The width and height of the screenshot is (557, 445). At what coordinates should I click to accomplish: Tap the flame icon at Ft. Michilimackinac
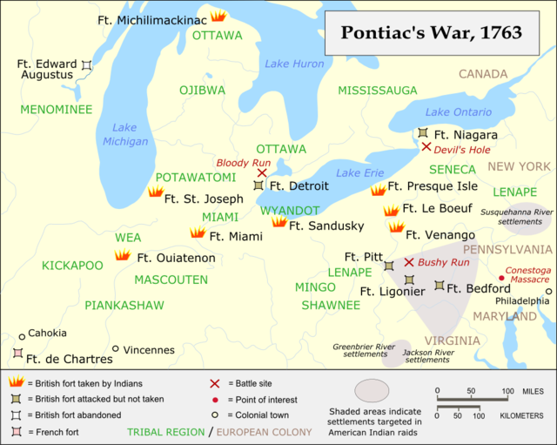218,16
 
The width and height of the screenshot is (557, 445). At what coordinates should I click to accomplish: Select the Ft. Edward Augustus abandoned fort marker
86,65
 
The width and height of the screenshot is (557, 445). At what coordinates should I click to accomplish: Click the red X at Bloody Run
262,173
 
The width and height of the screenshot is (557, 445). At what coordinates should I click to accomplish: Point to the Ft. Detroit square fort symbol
258,185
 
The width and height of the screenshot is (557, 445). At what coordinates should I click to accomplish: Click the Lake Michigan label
119,134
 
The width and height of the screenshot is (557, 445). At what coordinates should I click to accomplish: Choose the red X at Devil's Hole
426,147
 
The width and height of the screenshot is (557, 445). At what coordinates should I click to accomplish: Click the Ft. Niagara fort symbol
422,133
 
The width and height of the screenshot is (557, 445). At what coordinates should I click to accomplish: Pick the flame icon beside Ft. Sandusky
278,222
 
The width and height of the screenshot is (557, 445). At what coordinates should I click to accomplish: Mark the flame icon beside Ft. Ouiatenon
122,255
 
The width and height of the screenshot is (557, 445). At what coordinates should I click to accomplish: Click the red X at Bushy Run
408,261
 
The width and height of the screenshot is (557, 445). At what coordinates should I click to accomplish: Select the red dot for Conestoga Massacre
500,280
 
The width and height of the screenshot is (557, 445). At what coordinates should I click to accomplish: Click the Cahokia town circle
22,336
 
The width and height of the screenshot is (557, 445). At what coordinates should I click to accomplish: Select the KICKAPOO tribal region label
72,265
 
